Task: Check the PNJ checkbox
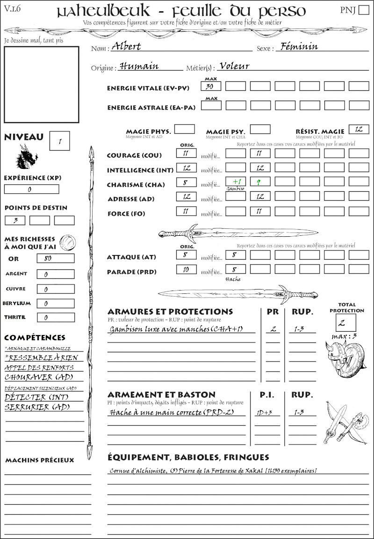click(x=363, y=10)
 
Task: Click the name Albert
click(x=126, y=47)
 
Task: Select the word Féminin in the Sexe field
click(x=297, y=46)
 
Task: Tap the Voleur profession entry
click(x=234, y=66)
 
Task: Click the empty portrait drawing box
click(x=41, y=84)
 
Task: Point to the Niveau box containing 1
click(x=59, y=140)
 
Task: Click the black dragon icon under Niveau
click(x=27, y=157)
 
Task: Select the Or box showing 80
click(x=55, y=258)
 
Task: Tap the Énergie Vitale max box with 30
click(x=211, y=86)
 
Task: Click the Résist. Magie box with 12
click(x=359, y=130)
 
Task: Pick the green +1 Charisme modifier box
click(x=236, y=182)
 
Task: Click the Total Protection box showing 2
click(x=345, y=322)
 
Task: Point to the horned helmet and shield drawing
click(x=345, y=358)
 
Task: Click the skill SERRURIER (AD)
click(x=37, y=408)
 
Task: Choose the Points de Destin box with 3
click(x=15, y=220)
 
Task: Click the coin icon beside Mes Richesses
click(x=68, y=242)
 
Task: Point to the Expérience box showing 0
click(x=31, y=189)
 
